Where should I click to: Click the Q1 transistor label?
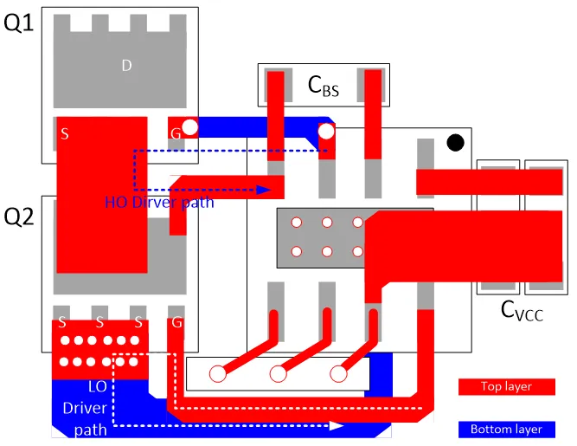(19, 23)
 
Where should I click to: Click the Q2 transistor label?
(19, 217)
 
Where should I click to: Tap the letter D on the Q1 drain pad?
(126, 64)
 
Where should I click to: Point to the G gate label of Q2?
(177, 322)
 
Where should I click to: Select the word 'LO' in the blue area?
(99, 388)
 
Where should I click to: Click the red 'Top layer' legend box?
(506, 386)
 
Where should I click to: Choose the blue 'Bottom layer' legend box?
(506, 429)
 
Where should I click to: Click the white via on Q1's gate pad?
(189, 128)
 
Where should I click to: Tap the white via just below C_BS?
(326, 133)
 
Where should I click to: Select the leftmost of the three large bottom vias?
(218, 374)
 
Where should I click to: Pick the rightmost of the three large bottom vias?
(337, 374)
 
